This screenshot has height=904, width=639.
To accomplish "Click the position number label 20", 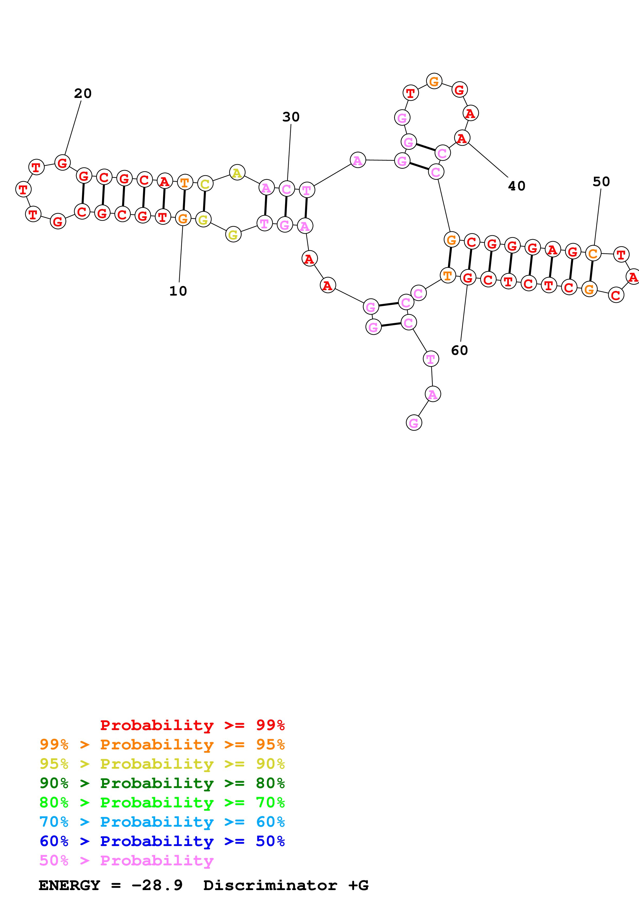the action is pyautogui.click(x=83, y=94).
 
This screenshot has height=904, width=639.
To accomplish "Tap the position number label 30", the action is pyautogui.click(x=291, y=117).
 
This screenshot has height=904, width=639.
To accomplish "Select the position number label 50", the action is pyautogui.click(x=601, y=182).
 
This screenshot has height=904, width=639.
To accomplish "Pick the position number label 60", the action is pyautogui.click(x=459, y=351).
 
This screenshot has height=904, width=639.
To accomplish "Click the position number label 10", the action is pyautogui.click(x=178, y=291).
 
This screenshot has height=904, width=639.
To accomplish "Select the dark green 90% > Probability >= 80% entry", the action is pyautogui.click(x=162, y=783).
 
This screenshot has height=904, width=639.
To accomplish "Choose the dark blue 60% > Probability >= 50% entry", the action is pyautogui.click(x=162, y=841).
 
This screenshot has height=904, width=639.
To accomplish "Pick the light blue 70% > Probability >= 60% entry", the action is pyautogui.click(x=162, y=822).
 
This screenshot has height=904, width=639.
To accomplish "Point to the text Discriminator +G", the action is pyautogui.click(x=286, y=885).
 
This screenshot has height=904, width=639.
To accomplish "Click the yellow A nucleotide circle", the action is pyautogui.click(x=237, y=172).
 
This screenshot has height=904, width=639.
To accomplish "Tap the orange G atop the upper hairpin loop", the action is pyautogui.click(x=434, y=81).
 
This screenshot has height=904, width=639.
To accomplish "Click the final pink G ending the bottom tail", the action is pyautogui.click(x=414, y=423).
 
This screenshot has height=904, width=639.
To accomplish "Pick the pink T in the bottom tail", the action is pyautogui.click(x=431, y=359).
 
